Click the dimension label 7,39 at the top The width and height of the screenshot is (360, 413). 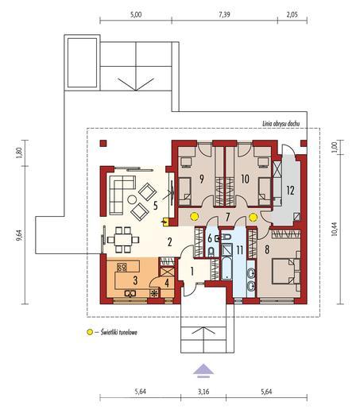coord(224,14)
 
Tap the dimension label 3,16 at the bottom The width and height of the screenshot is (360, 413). coord(203,392)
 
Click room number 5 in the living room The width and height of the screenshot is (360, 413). coord(155,206)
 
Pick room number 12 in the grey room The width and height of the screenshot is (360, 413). coord(290,191)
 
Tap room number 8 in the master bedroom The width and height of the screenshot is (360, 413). coord(267,249)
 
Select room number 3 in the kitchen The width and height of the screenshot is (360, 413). coord(135,280)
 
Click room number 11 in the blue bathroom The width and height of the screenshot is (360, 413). coord(239,250)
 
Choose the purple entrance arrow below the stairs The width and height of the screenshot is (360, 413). coord(203,370)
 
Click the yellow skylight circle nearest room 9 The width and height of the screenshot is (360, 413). coord(195,217)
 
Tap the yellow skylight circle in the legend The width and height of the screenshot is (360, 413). coord(90,332)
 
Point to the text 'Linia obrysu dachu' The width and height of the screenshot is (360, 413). coord(281,124)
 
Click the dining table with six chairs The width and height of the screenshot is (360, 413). coord(123,240)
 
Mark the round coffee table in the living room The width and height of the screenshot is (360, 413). coord(132,199)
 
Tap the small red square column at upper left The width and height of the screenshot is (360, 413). coord(103,143)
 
